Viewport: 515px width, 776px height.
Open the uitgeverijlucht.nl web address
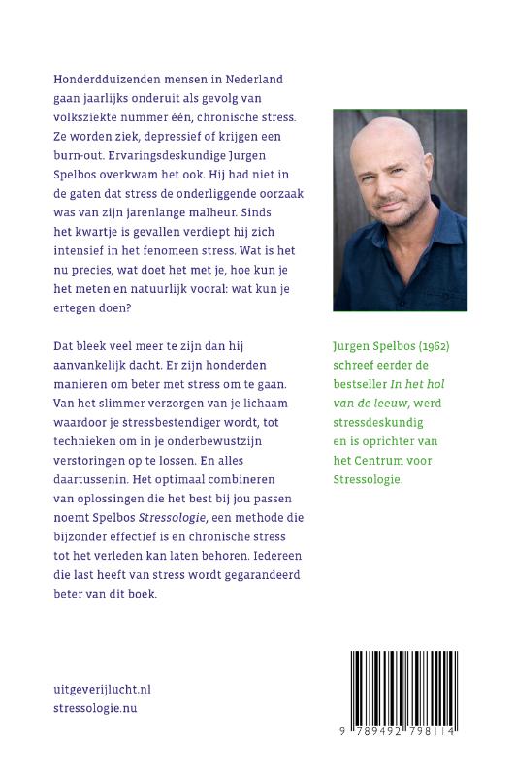[x=103, y=690]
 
